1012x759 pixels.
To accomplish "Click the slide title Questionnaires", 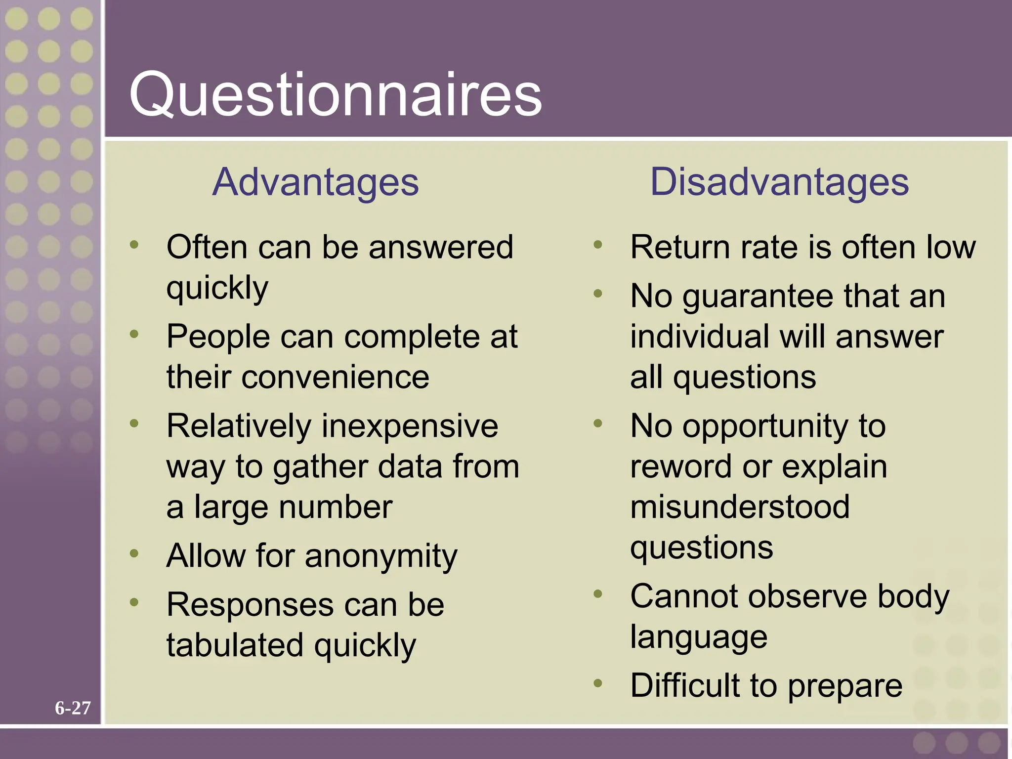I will [x=336, y=94].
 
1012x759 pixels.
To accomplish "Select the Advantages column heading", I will [x=316, y=182].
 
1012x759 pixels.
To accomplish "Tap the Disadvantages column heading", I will [x=779, y=182].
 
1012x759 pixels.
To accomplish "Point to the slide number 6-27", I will [x=73, y=708].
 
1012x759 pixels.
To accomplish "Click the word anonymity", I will [x=381, y=556].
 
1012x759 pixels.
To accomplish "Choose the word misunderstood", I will [x=740, y=507].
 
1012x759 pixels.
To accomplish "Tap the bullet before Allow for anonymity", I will [x=134, y=553].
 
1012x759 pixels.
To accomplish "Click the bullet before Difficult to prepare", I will [x=598, y=683].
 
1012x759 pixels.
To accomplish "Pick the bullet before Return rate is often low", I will [x=598, y=244].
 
